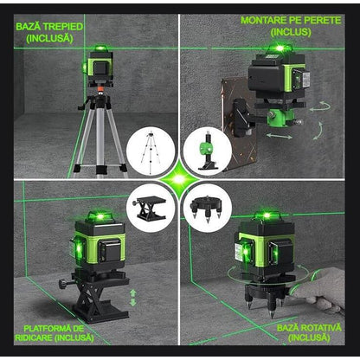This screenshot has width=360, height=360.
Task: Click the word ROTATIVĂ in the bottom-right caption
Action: pyautogui.click(x=308, y=329)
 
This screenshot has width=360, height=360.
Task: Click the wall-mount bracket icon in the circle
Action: pyautogui.click(x=208, y=149)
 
